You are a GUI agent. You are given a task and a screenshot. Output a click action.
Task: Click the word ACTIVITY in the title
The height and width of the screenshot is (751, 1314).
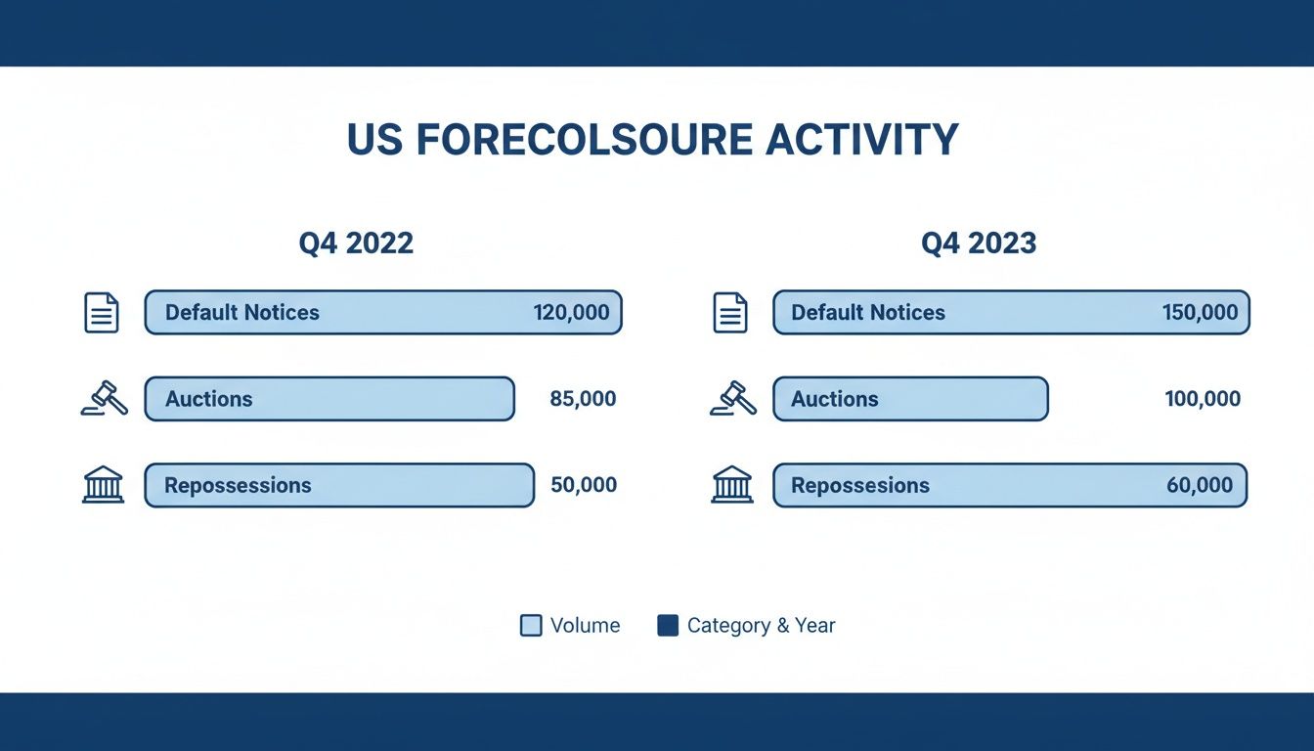tap(861, 141)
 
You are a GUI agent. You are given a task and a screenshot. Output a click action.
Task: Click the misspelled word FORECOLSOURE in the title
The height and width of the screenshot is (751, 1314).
tap(584, 141)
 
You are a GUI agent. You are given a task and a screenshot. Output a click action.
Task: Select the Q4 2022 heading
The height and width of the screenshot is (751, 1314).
tap(356, 243)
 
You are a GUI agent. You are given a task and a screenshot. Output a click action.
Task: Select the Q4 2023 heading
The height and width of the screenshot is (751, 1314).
tap(979, 243)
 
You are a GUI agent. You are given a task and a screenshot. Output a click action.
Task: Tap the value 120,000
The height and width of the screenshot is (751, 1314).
tap(571, 313)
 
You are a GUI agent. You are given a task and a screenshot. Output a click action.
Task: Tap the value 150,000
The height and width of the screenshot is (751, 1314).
tap(1200, 313)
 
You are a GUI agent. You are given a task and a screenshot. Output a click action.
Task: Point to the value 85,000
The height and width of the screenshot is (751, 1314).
tap(583, 399)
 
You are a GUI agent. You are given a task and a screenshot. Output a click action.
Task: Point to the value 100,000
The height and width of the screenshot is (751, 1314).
tap(1203, 399)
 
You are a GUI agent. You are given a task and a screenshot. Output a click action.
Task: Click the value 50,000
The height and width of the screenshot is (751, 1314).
tap(584, 485)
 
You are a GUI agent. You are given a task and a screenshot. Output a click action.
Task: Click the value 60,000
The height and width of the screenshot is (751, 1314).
tap(1200, 485)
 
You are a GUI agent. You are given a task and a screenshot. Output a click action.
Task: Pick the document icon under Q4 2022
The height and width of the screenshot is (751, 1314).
tap(102, 313)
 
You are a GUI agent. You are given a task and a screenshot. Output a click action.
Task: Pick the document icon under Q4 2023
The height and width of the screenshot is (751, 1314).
tap(730, 313)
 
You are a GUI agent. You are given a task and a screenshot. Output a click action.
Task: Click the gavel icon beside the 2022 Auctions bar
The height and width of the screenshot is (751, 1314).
tap(104, 399)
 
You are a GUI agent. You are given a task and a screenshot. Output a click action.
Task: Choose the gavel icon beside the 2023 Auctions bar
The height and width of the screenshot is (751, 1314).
tap(732, 399)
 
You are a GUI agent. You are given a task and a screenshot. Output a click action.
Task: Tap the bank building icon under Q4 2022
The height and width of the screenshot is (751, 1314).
tap(103, 485)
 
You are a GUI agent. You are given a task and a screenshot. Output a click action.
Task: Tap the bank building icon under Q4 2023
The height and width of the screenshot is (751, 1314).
tap(732, 485)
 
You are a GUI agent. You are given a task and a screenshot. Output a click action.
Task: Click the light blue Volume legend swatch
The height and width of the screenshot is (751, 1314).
tap(531, 626)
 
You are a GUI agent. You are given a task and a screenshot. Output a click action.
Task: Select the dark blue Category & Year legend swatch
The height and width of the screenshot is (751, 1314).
tap(668, 626)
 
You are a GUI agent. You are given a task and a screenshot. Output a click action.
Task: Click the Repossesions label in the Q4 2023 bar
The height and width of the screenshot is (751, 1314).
tap(859, 485)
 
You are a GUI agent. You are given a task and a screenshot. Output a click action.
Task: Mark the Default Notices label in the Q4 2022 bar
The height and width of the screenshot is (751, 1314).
tap(241, 313)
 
